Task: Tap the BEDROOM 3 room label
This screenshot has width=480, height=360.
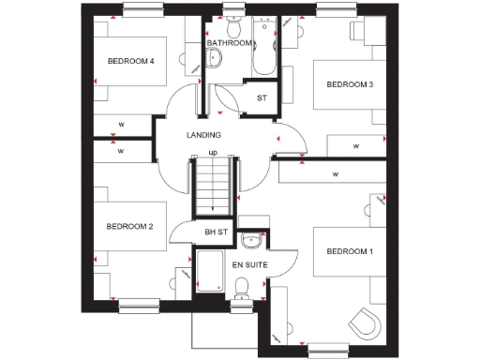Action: (350, 85)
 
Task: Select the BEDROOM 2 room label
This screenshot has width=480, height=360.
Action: (129, 226)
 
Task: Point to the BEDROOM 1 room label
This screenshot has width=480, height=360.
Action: (350, 252)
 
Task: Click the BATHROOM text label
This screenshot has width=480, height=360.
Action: (230, 43)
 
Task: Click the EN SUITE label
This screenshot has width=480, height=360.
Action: (250, 265)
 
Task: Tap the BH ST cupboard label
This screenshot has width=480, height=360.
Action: (217, 232)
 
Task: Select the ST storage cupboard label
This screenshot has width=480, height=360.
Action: (261, 97)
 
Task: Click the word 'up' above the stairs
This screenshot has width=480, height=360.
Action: (213, 153)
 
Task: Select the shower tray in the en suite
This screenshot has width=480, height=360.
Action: (210, 272)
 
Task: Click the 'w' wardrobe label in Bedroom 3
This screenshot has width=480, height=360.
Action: (356, 146)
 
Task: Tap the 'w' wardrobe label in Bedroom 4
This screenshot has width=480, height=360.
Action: (121, 124)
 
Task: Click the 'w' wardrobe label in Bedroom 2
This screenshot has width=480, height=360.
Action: (121, 150)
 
